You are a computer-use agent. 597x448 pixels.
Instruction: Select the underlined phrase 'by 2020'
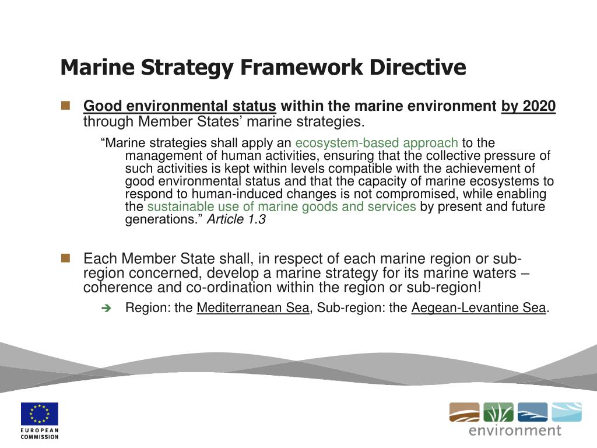[x=528, y=106]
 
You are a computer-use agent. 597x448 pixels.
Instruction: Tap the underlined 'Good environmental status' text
[x=180, y=106]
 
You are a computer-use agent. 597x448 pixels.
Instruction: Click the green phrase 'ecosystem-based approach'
[x=377, y=143]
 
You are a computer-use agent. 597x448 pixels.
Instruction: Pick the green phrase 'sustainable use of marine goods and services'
[x=282, y=207]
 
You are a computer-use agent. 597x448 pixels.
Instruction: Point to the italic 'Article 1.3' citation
[x=237, y=220]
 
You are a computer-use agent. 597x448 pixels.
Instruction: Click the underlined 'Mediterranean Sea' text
[x=252, y=308]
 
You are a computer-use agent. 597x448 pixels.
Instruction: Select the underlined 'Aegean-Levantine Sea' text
[x=479, y=308]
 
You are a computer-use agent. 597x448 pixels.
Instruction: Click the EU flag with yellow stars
[x=40, y=414]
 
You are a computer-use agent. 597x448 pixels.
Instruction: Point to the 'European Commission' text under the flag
[x=40, y=433]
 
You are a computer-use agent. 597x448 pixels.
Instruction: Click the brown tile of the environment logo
[x=464, y=412]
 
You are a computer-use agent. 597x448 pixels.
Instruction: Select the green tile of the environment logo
[x=498, y=412]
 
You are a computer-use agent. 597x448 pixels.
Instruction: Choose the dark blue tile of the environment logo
[x=532, y=412]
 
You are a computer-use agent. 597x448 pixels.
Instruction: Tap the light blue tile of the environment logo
[x=566, y=412]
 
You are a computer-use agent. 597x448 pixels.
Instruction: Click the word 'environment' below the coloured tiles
[x=515, y=431]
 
